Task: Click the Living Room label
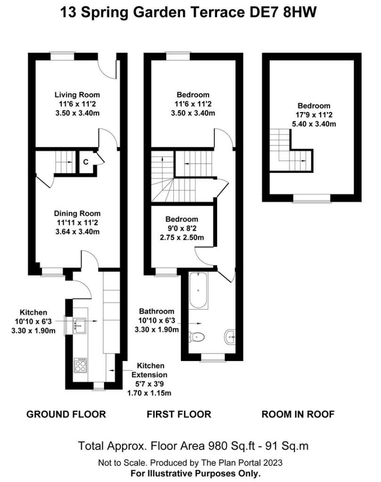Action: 77,95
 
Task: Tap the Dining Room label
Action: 77,213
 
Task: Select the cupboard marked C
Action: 86,162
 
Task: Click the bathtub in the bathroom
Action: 198,291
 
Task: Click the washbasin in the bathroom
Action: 230,337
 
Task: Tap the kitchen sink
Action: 80,325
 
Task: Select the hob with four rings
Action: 80,365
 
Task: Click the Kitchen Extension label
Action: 150,370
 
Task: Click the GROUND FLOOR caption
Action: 66,414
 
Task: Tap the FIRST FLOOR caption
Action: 179,414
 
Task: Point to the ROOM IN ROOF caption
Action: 298,414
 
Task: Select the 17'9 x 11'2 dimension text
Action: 314,115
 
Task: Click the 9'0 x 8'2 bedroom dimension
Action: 181,228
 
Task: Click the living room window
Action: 63,56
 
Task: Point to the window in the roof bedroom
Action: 312,198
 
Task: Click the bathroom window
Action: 213,357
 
